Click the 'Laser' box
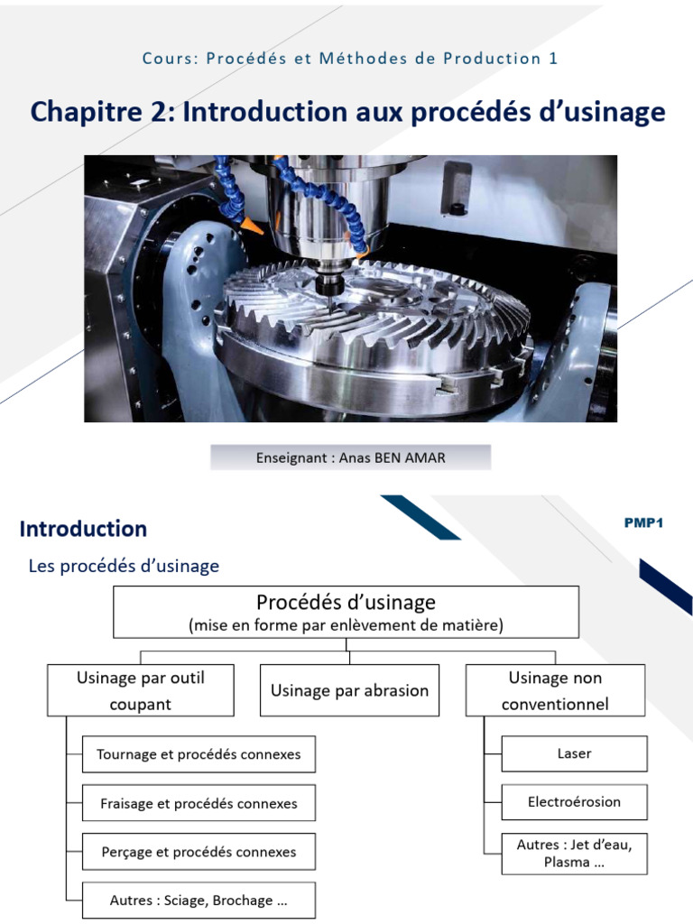click(574, 753)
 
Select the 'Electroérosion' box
click(574, 802)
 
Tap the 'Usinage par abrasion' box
click(349, 690)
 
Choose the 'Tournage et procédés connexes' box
click(199, 754)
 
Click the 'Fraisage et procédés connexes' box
click(199, 803)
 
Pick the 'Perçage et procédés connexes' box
click(199, 852)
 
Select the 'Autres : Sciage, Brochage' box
click(199, 901)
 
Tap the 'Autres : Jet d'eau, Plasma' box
click(574, 854)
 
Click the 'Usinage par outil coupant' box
click(140, 690)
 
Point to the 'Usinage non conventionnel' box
click(555, 690)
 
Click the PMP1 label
click(643, 522)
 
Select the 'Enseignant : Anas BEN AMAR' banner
click(351, 457)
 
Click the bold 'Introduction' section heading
click(83, 529)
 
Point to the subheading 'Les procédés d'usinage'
click(124, 566)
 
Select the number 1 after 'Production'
click(553, 59)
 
